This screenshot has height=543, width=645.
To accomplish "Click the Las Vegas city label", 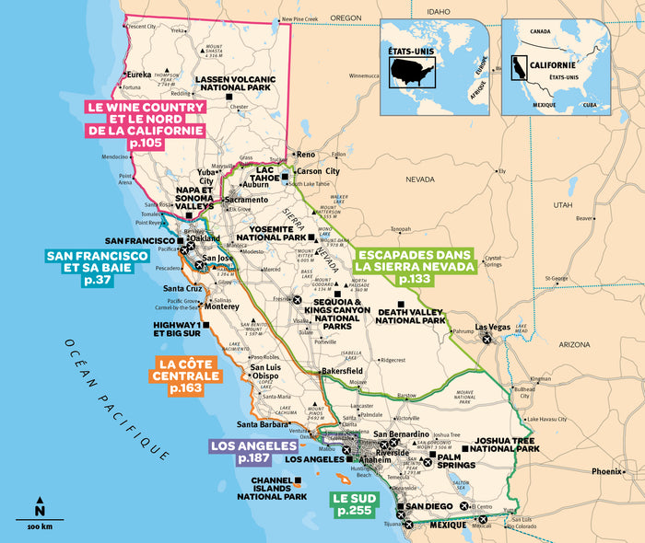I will (494, 329).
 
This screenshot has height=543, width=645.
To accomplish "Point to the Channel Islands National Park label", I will (272, 489).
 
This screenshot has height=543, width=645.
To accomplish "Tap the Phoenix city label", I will (608, 471).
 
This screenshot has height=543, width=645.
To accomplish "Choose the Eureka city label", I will (139, 74).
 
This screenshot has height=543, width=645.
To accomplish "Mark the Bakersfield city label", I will (343, 373).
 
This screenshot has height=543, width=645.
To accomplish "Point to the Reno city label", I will (305, 155).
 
